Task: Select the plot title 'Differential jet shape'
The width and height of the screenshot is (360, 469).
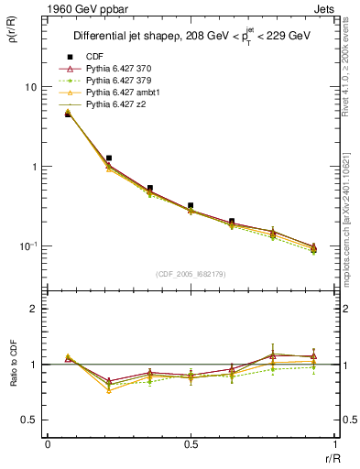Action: point(129,37)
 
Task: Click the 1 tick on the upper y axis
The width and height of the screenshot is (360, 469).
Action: point(32,167)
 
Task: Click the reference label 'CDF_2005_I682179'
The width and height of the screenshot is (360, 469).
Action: point(191,274)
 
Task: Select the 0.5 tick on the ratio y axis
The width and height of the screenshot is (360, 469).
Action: point(27,420)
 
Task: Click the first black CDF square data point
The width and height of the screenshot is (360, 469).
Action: point(68,115)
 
